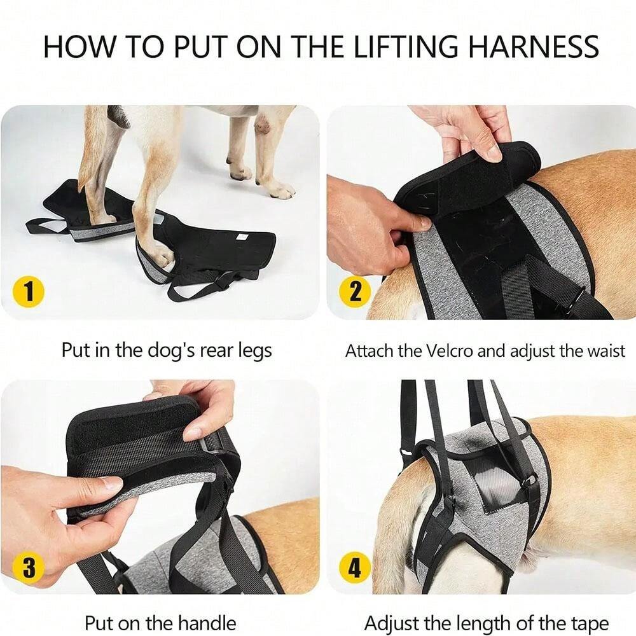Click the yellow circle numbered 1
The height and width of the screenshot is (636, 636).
click(29, 291)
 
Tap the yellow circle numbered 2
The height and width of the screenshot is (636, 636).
click(354, 291)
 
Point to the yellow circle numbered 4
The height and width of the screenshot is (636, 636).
click(354, 567)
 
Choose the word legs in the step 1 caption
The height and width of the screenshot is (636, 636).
click(255, 351)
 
